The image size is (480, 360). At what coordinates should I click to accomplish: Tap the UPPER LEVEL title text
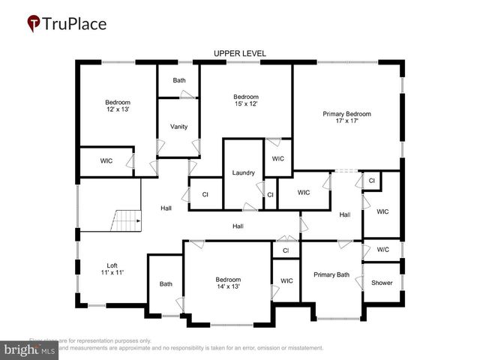pyautogui.click(x=239, y=53)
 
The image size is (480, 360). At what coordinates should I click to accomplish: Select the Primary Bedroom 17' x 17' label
pyautogui.click(x=346, y=118)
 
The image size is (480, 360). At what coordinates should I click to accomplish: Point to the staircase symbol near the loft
pyautogui.click(x=127, y=220)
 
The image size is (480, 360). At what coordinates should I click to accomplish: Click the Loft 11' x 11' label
pyautogui.click(x=112, y=268)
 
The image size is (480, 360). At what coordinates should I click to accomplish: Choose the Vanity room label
pyautogui.click(x=178, y=126)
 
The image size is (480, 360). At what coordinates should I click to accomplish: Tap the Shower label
pyautogui.click(x=382, y=283)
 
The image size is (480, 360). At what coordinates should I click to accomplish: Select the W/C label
pyautogui.click(x=382, y=250)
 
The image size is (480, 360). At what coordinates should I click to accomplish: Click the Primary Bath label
pyautogui.click(x=331, y=274)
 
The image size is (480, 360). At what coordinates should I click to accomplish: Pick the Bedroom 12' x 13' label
pyautogui.click(x=117, y=106)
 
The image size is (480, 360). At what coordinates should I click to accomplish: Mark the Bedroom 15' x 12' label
pyautogui.click(x=245, y=100)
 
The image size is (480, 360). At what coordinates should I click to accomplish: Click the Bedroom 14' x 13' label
pyautogui.click(x=228, y=283)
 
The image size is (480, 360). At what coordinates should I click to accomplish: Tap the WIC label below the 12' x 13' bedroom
pyautogui.click(x=106, y=160)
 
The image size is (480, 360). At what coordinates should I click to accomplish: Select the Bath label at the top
pyautogui.click(x=178, y=80)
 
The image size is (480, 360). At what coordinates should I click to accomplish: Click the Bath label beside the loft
pyautogui.click(x=166, y=283)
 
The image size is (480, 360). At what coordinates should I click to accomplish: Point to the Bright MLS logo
pyautogui.click(x=30, y=349)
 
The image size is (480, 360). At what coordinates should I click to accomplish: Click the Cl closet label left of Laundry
pyautogui.click(x=205, y=194)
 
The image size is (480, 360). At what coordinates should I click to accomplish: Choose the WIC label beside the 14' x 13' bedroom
pyautogui.click(x=286, y=280)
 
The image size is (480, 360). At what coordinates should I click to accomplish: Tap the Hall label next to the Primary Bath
pyautogui.click(x=344, y=214)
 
